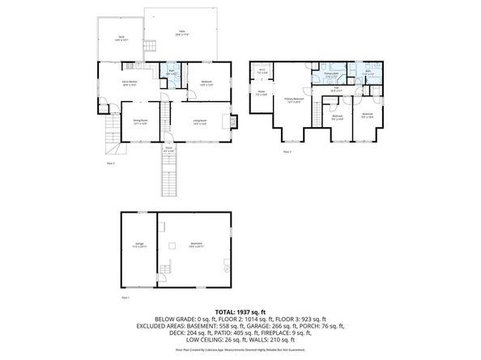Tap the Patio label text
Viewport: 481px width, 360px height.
[181, 32]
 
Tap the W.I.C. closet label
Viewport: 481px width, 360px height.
[262, 72]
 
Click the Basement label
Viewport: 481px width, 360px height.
[196, 245]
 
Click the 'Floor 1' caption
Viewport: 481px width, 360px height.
[126, 299]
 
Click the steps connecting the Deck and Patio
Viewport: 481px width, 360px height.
[149, 44]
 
